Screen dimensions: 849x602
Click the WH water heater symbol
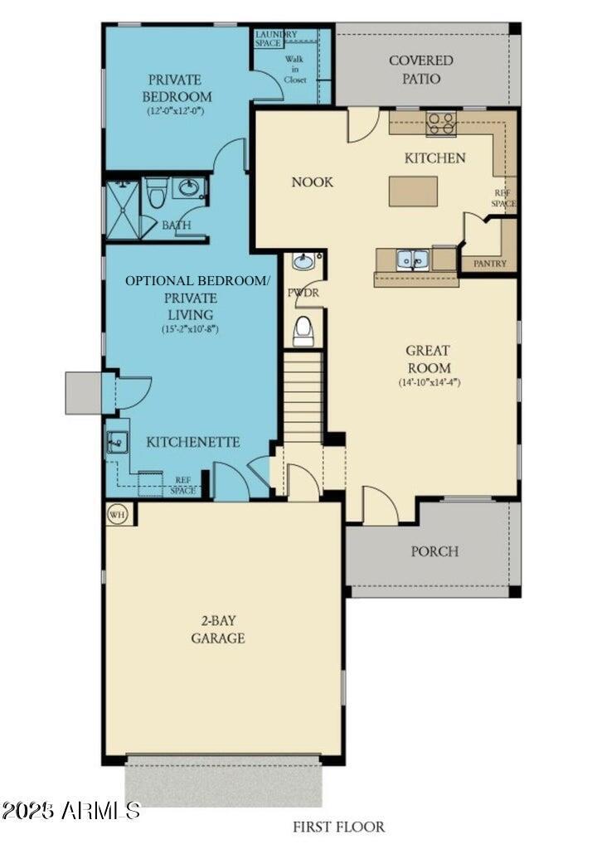pos(117,514)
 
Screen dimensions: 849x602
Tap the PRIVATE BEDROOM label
pos(175,88)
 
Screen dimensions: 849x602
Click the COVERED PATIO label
pos(421,70)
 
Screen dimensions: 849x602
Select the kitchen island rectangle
pos(414,191)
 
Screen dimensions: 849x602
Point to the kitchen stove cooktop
pos(440,124)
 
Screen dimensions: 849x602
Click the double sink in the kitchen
pos(412,260)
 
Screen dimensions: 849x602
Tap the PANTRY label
pos(490,264)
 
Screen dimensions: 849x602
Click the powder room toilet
pos(303,331)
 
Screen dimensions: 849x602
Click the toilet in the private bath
pos(156,193)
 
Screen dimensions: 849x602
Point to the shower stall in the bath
pos(122,211)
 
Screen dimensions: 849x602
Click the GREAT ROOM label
pos(429,359)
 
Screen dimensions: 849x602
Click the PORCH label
pos(435,551)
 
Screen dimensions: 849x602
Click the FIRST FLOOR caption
pos(338,827)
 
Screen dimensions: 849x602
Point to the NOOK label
pos(312,182)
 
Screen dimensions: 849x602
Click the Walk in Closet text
pos(294,70)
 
